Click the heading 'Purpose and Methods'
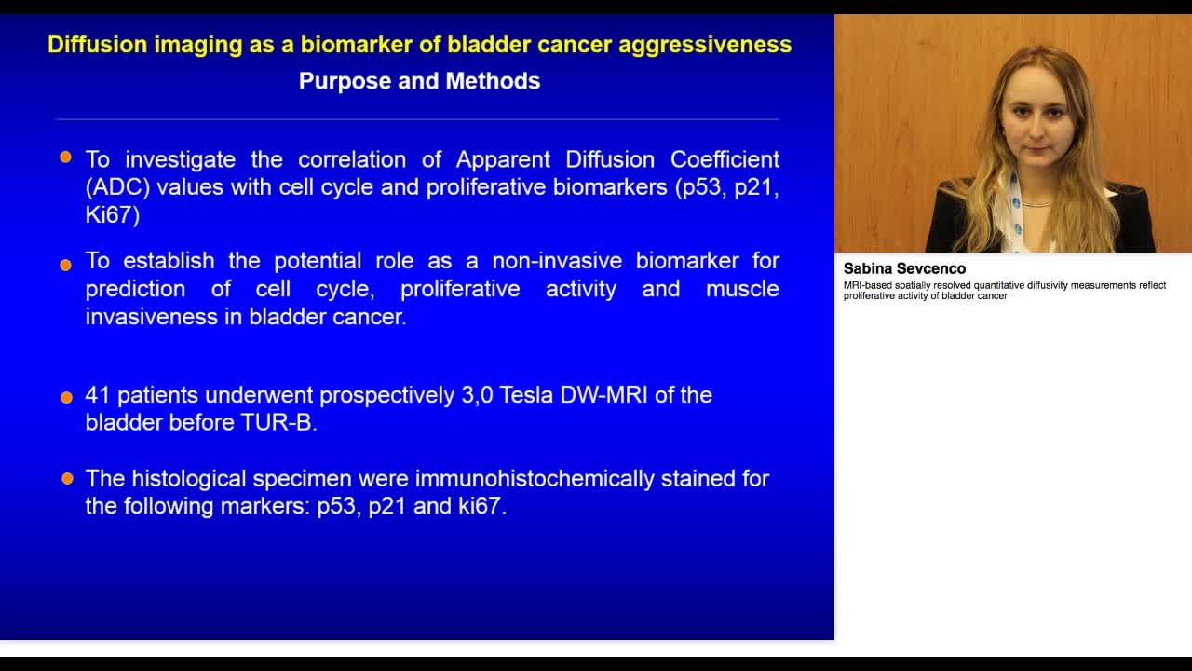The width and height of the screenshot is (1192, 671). (x=419, y=81)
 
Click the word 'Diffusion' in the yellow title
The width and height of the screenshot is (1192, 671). (x=98, y=44)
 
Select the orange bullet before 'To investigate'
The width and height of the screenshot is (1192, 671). (x=65, y=157)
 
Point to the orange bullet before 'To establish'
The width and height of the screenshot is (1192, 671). (x=65, y=265)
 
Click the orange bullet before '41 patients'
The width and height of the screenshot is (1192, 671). (x=66, y=397)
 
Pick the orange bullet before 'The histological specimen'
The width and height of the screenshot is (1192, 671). (x=68, y=478)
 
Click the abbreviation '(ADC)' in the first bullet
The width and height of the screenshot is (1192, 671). (x=117, y=187)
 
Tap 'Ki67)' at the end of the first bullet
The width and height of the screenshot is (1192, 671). (x=113, y=215)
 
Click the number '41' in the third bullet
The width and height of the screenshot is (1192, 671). (x=98, y=395)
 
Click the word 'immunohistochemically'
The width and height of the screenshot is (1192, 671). (x=535, y=479)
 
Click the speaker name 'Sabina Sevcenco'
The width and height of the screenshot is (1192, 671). (x=904, y=268)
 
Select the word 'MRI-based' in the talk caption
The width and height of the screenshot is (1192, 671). (x=867, y=285)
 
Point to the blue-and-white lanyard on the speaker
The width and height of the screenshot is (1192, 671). (x=1016, y=211)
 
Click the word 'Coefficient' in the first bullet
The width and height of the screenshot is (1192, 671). (x=725, y=159)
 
